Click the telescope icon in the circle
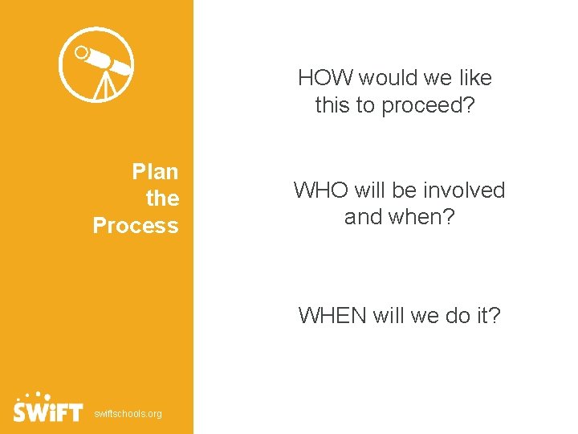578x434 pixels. [98, 65]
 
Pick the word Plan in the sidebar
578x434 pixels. [155, 171]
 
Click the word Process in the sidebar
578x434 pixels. [136, 225]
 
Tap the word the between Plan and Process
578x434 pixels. [162, 198]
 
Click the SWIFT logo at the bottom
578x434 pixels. [48, 409]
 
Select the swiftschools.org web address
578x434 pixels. [128, 414]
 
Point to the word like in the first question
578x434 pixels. [476, 78]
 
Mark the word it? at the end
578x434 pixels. [486, 315]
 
